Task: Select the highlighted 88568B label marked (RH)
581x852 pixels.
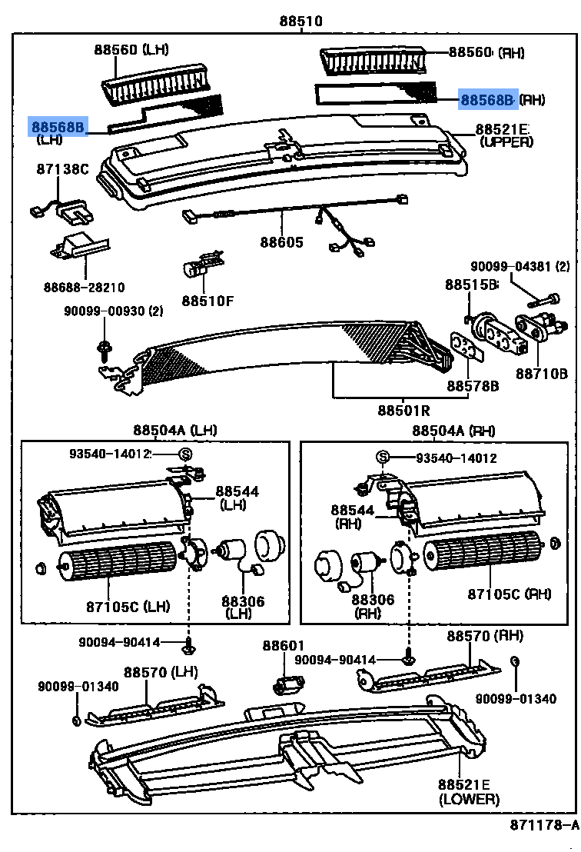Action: coord(488,99)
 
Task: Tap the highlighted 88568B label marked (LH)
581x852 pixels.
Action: coord(58,125)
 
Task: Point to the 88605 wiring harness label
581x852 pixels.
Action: coord(281,242)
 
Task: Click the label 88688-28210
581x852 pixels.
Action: coord(84,287)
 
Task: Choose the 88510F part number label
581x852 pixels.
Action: coord(207,301)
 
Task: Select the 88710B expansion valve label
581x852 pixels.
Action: coord(541,374)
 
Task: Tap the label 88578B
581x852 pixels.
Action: coord(473,384)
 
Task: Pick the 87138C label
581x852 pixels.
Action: coord(63,168)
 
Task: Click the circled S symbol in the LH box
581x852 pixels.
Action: coord(184,454)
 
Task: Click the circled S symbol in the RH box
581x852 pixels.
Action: coord(382,458)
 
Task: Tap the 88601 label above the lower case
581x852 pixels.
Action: coord(284,645)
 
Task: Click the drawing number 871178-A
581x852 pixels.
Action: coord(543,826)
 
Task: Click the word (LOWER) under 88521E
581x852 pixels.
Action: coord(469,799)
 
